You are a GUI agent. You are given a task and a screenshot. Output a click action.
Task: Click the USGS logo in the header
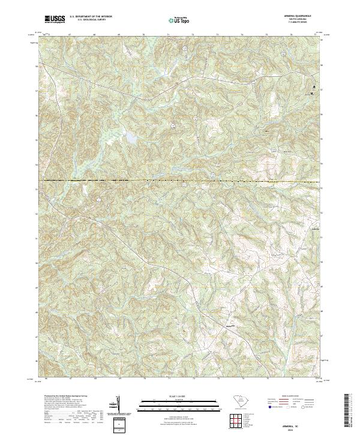click(x=55, y=19)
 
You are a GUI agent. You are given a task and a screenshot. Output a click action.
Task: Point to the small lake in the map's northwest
click(x=129, y=137)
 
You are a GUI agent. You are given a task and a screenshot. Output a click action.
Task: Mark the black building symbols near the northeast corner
click(x=312, y=91)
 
